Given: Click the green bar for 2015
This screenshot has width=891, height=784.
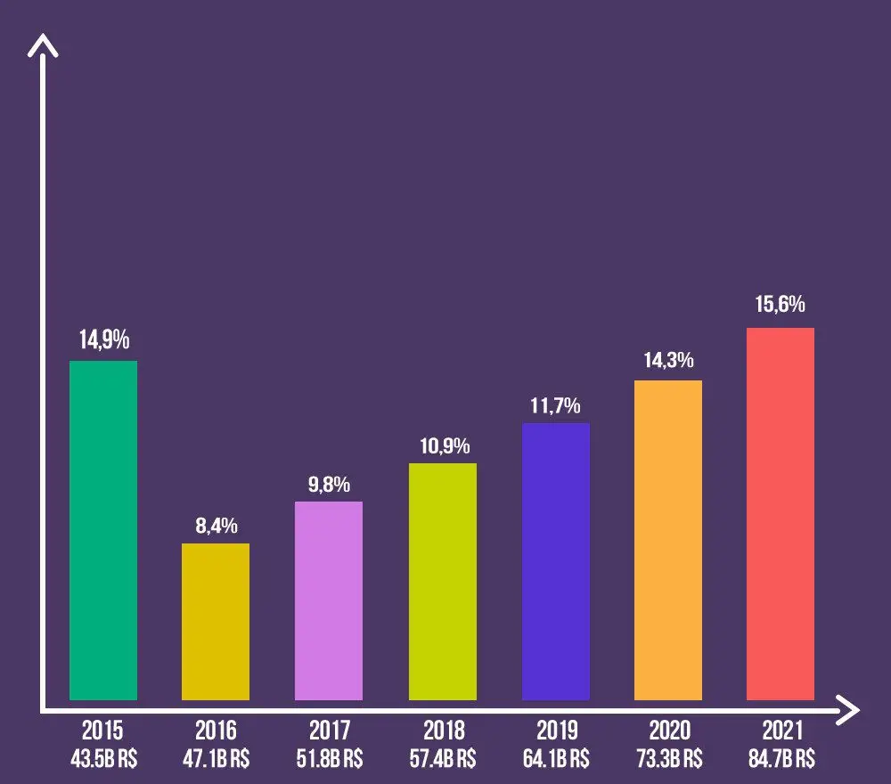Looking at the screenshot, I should click(x=103, y=530).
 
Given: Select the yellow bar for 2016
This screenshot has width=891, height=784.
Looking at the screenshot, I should click(x=216, y=621).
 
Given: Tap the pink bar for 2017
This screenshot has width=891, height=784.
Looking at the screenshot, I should click(x=328, y=600).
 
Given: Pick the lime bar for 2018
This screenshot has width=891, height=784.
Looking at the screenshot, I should click(x=442, y=581).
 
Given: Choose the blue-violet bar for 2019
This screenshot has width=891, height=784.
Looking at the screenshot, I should click(x=556, y=561).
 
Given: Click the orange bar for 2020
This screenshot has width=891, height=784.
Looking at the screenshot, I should click(x=668, y=540).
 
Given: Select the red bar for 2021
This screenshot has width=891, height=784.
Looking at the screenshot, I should click(x=781, y=513).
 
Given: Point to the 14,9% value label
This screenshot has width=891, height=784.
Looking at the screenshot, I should click(x=103, y=340).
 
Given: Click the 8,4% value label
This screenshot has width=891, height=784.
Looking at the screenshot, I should click(x=216, y=526).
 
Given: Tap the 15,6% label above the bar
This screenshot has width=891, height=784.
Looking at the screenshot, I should click(x=781, y=305).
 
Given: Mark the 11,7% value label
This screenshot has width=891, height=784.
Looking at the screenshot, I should click(x=556, y=406).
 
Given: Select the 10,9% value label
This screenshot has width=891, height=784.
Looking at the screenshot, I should click(x=443, y=446).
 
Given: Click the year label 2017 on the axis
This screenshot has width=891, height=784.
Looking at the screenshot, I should click(x=330, y=731).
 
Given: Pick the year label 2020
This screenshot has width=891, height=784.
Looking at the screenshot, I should click(x=669, y=731).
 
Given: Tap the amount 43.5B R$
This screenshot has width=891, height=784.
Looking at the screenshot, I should click(x=103, y=759).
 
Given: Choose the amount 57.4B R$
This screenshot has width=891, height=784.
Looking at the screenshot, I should click(x=443, y=759).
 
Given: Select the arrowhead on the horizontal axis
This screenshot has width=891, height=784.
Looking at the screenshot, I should click(x=850, y=711).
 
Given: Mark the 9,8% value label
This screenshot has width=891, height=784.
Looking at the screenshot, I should click(x=329, y=486).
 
